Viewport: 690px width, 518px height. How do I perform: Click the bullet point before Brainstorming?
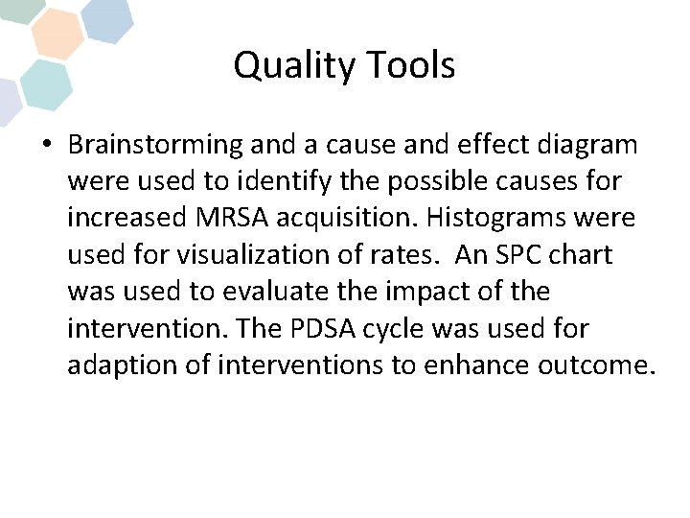[x=46, y=145]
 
